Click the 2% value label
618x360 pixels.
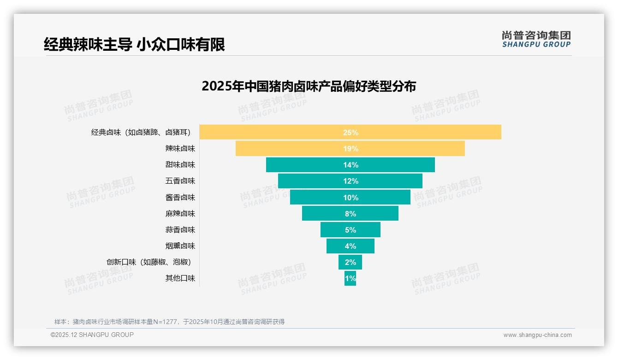point(351,262)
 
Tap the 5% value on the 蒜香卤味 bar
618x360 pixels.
point(351,230)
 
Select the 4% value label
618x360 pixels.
point(351,246)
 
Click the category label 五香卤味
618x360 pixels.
point(180,181)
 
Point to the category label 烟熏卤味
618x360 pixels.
point(180,246)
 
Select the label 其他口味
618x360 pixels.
point(180,278)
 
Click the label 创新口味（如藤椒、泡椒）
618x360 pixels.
point(149,262)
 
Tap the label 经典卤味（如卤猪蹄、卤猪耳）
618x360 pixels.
point(141,132)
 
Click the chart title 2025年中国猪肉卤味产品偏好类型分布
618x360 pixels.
point(309,86)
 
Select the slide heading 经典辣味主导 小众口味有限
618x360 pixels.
point(134,44)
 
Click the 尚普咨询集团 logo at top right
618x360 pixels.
point(536,39)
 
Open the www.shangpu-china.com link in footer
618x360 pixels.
point(537,335)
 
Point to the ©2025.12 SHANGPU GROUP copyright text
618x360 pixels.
point(92,335)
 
